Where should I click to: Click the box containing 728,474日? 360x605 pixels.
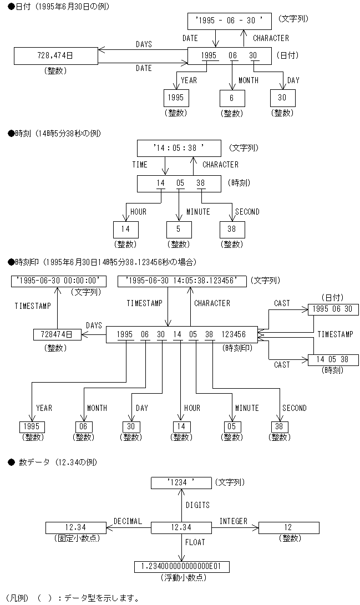[55, 56]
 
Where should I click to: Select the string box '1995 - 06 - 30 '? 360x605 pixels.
[229, 21]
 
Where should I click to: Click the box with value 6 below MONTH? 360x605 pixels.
[231, 98]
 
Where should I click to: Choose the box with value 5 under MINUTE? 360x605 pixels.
[179, 229]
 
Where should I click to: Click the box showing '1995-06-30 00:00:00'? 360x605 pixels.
[58, 281]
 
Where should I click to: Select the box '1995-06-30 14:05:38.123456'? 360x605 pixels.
[181, 281]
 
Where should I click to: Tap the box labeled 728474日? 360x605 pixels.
[57, 334]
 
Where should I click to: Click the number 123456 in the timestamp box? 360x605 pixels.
[233, 334]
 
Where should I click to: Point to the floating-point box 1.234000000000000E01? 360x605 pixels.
[181, 566]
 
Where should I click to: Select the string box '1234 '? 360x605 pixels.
[181, 482]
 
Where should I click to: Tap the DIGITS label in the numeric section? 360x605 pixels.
[197, 505]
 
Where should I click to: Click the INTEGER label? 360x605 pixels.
[233, 521]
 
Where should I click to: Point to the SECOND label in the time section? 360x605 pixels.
[247, 212]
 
